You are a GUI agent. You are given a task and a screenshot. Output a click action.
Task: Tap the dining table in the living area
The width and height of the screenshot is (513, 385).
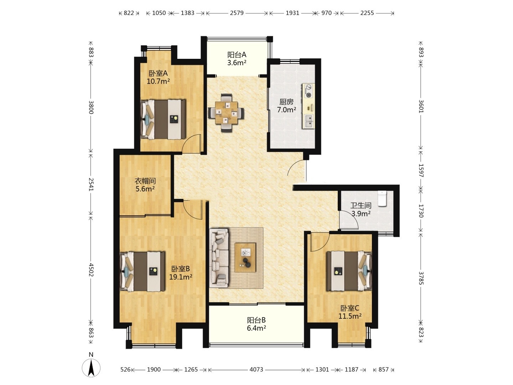tap(226, 113)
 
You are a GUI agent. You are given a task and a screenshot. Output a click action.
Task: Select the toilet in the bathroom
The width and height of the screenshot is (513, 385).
tap(382, 199)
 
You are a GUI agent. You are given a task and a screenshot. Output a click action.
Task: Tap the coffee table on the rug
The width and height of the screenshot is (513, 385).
tap(245, 257)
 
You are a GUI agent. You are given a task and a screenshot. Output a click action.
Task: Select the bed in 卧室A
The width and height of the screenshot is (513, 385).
tap(163, 119)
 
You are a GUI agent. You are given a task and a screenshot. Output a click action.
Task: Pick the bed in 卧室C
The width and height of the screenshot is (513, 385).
tap(349, 271)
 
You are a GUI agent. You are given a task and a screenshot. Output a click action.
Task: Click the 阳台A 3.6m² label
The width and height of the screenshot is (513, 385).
tap(237, 59)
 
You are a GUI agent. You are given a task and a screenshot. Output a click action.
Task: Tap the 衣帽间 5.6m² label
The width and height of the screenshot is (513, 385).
tap(145, 185)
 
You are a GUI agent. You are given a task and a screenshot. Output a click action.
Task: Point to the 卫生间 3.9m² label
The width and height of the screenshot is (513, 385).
tap(361, 210)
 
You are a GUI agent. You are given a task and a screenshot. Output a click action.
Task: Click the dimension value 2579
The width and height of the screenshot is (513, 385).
tap(237, 13)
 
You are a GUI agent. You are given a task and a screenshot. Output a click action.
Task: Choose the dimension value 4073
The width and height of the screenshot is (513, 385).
tap(256, 370)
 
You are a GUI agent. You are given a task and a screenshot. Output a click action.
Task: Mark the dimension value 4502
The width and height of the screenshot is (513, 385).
tap(91, 270)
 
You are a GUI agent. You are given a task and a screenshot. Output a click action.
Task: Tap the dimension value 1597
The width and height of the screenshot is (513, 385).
tap(421, 170)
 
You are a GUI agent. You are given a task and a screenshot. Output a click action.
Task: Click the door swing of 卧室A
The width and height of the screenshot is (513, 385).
tap(191, 144)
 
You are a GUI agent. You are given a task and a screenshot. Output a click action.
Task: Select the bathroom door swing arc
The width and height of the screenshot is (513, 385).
tap(349, 219)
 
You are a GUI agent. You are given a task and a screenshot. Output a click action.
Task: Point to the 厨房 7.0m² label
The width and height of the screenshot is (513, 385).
tap(286, 106)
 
